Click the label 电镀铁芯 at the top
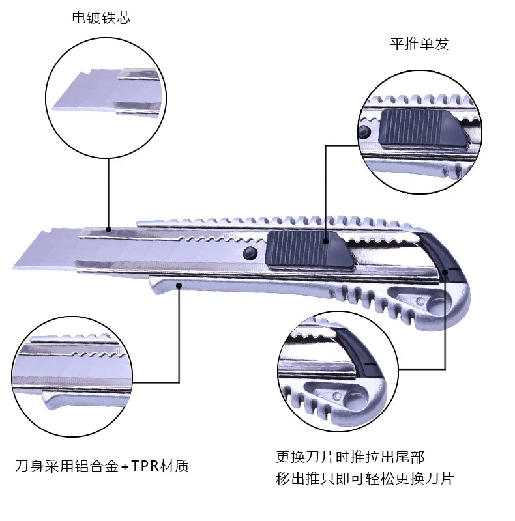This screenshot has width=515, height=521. pos(101,18)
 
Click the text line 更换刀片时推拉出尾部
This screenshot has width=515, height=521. pos(354,457)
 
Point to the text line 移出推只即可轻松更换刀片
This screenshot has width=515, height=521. pos(364,479)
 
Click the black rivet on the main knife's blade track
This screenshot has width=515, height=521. pos(248,253)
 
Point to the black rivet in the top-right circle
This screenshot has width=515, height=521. pos(363,133)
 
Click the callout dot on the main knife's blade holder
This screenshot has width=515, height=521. pos(110,230)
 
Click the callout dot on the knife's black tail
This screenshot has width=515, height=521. pos(445,272)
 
